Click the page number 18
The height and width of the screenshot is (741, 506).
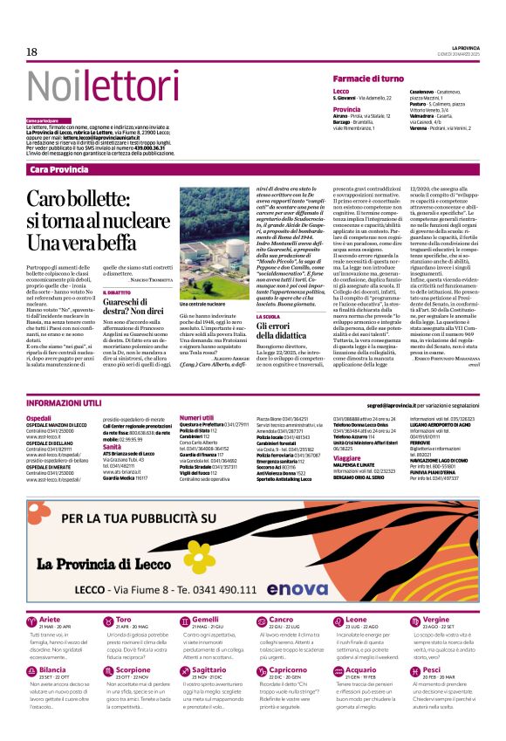[31, 52]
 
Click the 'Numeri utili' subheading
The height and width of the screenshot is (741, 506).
[194, 418]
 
